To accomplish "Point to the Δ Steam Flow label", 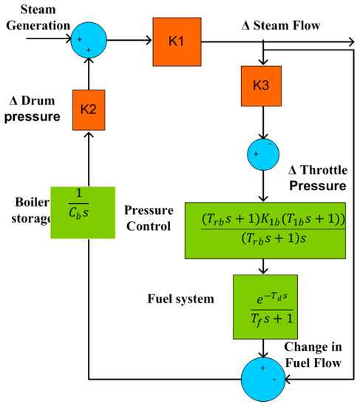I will (x=281, y=26).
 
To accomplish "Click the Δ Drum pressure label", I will (x=35, y=110).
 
